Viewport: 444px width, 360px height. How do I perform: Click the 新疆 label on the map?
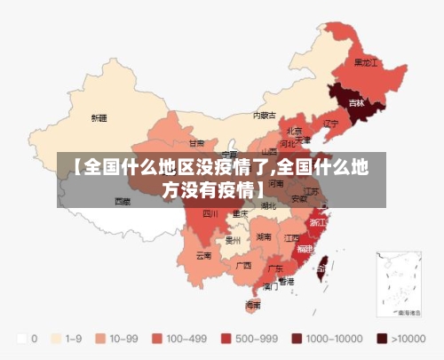pos(99,117)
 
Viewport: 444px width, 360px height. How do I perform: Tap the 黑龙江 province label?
pos(366,63)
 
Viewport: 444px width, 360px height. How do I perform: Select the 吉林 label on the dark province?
pos(356,103)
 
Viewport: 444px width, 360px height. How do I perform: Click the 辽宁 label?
pos(331,123)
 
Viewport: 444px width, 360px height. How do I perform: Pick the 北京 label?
pos(294,130)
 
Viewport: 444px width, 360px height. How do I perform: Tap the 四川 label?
pos(210,213)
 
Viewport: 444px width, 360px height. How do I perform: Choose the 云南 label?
pos(203,256)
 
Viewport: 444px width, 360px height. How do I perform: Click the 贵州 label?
pos(234,240)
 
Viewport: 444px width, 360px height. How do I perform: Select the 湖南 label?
pos(264,237)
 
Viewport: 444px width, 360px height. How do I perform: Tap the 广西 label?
pos(243,265)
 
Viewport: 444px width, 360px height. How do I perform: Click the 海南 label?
pos(253,304)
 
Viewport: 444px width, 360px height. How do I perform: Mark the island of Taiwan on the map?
pos(323,263)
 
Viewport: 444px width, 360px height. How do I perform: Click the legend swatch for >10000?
pos(383,339)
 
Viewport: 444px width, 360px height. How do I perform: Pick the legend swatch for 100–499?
pos(156,339)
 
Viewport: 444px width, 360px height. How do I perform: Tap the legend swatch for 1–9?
pos(58,339)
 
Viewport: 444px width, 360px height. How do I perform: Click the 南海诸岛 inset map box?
pos(401,284)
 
